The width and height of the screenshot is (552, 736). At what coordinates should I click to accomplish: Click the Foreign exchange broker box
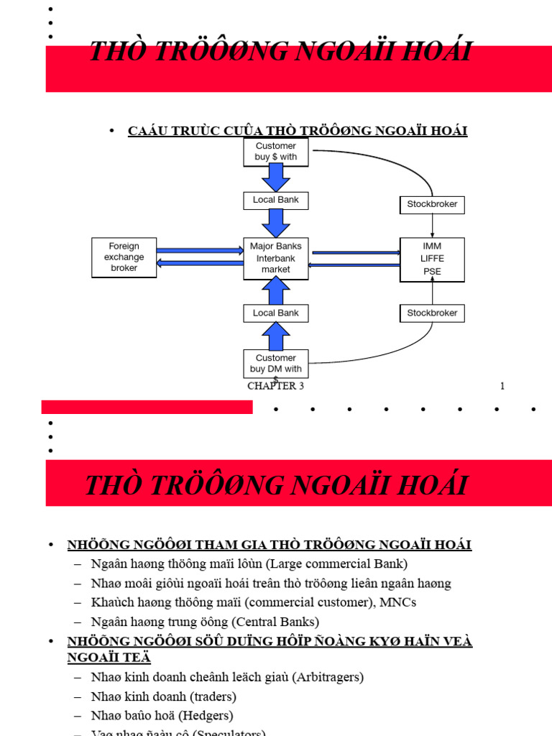(124, 257)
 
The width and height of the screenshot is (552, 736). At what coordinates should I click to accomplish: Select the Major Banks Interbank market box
(275, 258)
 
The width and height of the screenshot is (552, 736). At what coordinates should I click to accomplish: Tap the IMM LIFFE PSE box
(432, 259)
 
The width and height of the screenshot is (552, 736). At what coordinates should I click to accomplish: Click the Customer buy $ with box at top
(275, 152)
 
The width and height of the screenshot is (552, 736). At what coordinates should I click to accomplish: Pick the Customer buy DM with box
(275, 364)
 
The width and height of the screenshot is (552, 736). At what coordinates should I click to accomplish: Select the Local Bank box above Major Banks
(275, 200)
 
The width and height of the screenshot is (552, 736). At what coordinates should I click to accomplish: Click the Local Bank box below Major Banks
(275, 313)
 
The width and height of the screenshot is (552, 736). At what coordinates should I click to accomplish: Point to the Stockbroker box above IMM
(431, 205)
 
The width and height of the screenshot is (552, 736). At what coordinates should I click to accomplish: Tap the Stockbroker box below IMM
(431, 313)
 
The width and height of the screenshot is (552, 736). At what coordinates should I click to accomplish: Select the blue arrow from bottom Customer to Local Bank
(275, 336)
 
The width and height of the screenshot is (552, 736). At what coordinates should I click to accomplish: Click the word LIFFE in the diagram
(432, 259)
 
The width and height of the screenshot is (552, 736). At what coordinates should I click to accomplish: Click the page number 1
(502, 386)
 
